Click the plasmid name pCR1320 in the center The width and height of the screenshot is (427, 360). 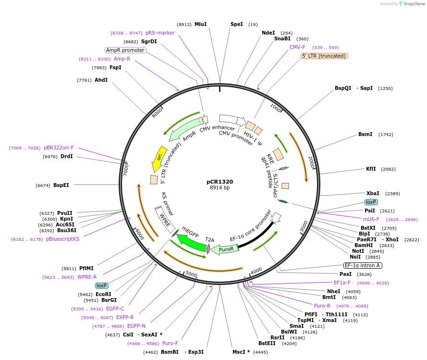coord(220,182)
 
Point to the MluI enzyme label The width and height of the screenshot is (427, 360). coord(200,24)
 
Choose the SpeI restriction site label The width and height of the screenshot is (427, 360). coord(237,24)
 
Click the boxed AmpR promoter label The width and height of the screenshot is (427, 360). coord(125,50)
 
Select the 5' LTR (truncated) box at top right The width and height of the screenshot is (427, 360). coord(324,56)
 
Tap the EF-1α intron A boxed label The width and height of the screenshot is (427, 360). coord(363,265)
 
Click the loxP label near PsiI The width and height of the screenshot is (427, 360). coord(371,202)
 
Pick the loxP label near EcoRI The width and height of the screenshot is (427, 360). coord(101,286)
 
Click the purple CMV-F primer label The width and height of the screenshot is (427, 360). coord(297,47)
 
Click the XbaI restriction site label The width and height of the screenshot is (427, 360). coord(373,193)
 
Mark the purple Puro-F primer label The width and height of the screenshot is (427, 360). coord(170,343)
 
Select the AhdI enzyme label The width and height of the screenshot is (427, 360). coord(101,80)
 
